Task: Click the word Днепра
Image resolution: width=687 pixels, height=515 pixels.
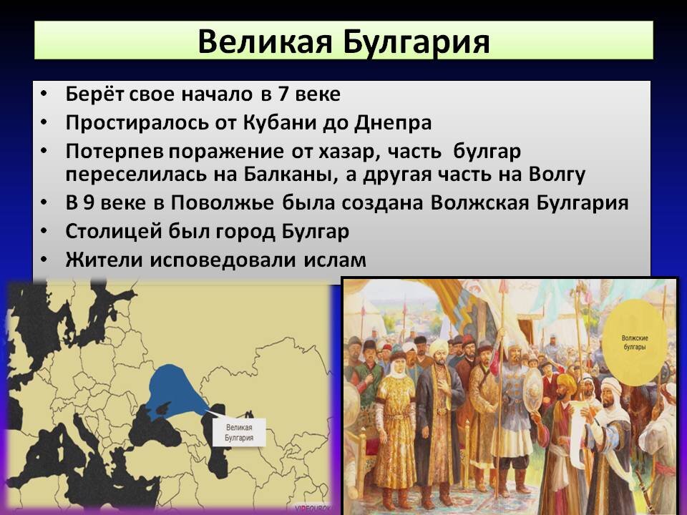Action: click(x=393, y=122)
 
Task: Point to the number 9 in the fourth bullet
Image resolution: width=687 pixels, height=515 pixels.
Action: click(x=89, y=203)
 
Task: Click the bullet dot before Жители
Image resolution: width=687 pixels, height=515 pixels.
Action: click(x=45, y=260)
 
